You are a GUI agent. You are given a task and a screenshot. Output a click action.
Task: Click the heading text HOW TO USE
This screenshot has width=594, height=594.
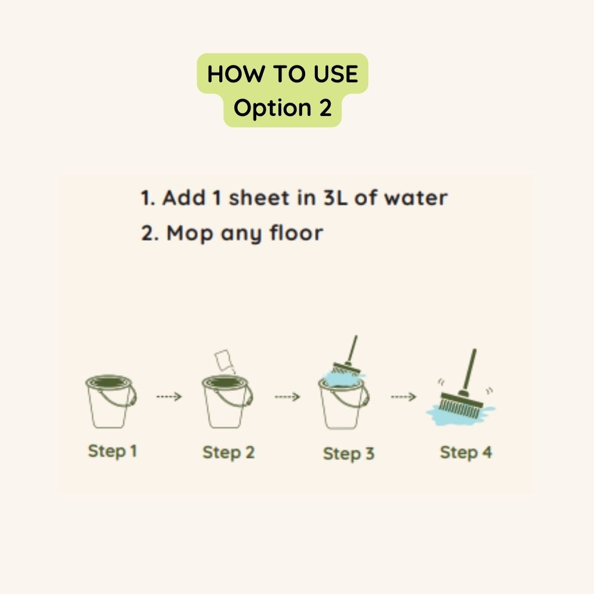tap(282, 74)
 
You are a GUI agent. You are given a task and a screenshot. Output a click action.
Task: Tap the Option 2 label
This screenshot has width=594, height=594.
tap(282, 108)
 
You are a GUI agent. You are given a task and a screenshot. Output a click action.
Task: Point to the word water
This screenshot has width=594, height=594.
tap(416, 198)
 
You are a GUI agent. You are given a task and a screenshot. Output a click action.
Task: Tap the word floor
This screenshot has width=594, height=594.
tap(296, 233)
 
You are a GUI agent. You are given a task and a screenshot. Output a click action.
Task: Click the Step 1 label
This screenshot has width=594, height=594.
tap(112, 451)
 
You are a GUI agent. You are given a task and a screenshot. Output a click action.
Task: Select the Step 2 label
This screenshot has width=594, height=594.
tap(228, 452)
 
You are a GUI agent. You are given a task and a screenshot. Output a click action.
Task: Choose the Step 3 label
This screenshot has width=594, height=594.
tap(348, 454)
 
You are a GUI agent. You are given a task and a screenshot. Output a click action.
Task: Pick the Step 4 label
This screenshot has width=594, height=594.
tap(465, 452)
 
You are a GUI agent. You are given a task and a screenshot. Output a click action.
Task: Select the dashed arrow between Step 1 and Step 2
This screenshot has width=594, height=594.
tap(169, 397)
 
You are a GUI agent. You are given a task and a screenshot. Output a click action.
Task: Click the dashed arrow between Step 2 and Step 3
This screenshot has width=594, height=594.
tap(287, 397)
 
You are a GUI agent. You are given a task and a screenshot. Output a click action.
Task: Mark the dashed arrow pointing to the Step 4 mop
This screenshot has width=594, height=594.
tap(404, 397)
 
